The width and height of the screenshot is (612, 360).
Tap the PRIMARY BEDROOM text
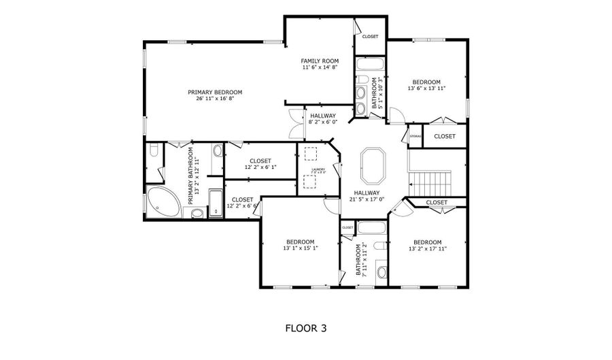(x=215, y=92)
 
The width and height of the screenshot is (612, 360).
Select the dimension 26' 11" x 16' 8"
(x=215, y=99)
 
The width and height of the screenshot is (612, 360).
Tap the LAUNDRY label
(x=318, y=169)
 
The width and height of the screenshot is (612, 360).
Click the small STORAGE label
(x=415, y=136)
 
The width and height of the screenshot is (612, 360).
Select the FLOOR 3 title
(x=305, y=328)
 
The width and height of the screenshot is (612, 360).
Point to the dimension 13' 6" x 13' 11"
(x=426, y=88)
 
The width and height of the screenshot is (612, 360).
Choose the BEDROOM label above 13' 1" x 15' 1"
(x=300, y=242)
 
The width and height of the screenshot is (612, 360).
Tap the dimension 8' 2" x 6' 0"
(x=322, y=122)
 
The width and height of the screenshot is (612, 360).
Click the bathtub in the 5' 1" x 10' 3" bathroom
(x=371, y=67)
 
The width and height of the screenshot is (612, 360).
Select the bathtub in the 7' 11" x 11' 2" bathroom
(x=371, y=228)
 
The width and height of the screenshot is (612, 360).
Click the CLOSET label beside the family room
(x=370, y=37)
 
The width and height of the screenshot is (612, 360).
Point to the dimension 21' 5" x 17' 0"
(x=368, y=200)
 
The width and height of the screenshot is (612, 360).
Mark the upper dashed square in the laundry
(x=310, y=153)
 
